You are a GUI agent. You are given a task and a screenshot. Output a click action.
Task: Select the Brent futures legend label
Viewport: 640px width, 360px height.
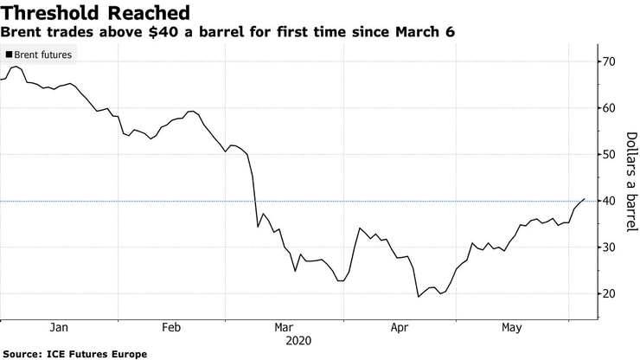[43, 55]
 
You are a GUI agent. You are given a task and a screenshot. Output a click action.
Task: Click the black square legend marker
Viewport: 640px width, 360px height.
[9, 55]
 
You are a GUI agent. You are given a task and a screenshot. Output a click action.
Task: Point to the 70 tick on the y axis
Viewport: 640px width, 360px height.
[609, 61]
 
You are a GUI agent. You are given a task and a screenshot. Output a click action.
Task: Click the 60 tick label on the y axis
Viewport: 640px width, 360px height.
[609, 108]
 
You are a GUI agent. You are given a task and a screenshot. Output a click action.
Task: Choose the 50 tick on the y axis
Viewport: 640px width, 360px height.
[609, 155]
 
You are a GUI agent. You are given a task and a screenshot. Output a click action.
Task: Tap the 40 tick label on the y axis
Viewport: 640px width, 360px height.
[609, 201]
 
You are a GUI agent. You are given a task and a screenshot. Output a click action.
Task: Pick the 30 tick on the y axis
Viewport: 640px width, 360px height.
[609, 247]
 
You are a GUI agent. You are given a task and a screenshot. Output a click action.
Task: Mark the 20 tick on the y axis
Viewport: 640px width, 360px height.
[609, 294]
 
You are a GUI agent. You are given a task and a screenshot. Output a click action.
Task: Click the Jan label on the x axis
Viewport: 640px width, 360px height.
[59, 327]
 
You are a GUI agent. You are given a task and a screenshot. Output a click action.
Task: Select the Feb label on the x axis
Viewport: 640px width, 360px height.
[171, 327]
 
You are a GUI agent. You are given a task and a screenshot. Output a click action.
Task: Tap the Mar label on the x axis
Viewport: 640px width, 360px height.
[284, 327]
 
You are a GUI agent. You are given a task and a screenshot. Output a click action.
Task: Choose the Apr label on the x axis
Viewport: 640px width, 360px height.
[399, 327]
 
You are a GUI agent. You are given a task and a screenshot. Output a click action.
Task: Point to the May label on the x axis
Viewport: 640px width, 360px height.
[511, 327]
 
